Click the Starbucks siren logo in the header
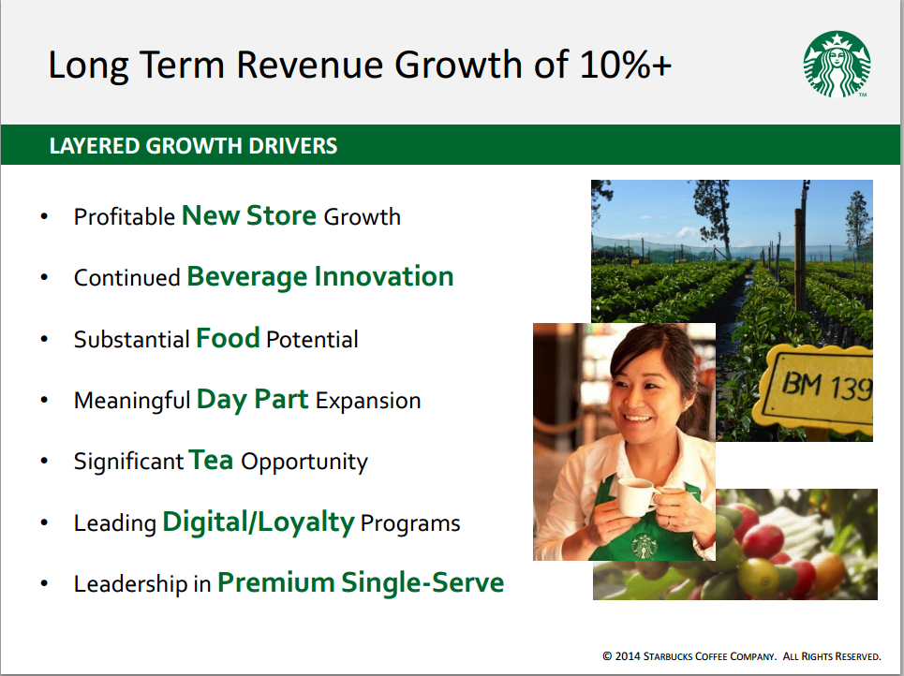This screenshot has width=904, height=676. click(x=837, y=64)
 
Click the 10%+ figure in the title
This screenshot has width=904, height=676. click(x=626, y=64)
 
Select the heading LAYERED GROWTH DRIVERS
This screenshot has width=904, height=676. click(x=193, y=146)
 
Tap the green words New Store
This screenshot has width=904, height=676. click(x=249, y=215)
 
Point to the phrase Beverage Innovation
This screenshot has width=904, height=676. click(x=320, y=277)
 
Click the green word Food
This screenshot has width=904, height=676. click(x=228, y=338)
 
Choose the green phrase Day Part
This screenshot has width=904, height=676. click(x=253, y=400)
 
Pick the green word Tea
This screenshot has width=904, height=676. click(x=211, y=460)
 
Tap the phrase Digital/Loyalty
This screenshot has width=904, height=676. click(x=259, y=522)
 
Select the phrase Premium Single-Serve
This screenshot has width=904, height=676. click(x=361, y=582)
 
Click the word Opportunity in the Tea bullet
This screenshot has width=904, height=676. click(x=304, y=463)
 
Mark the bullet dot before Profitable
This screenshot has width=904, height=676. click(x=44, y=216)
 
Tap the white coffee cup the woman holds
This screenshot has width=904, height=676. click(x=637, y=497)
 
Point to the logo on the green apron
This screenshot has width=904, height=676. click(x=644, y=546)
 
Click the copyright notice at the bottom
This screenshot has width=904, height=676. click(x=741, y=656)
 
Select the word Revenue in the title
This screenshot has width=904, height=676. click(x=309, y=64)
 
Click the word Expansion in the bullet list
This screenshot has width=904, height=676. click(x=368, y=401)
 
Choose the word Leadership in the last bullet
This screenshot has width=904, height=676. click(x=130, y=584)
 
